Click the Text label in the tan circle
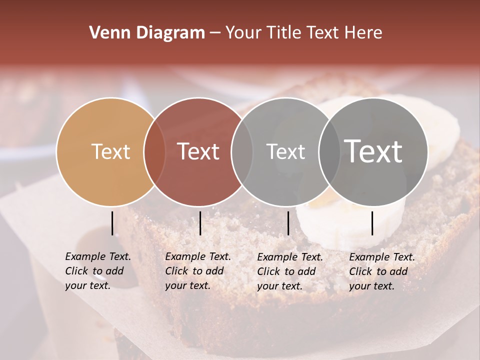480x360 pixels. tap(111, 151)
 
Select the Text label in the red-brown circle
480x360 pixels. tap(198, 151)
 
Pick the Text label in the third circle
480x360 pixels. tap(285, 151)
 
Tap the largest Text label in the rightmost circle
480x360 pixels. tap(373, 151)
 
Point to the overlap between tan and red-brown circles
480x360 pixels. tap(154, 151)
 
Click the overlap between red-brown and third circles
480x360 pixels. tap(242, 151)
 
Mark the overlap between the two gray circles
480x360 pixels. tap(329, 151)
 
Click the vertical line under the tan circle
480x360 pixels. tap(112, 223)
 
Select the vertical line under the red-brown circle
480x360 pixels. tap(200, 223)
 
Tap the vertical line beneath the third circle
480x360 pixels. tap(288, 223)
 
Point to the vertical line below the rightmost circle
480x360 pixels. tap(372, 223)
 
